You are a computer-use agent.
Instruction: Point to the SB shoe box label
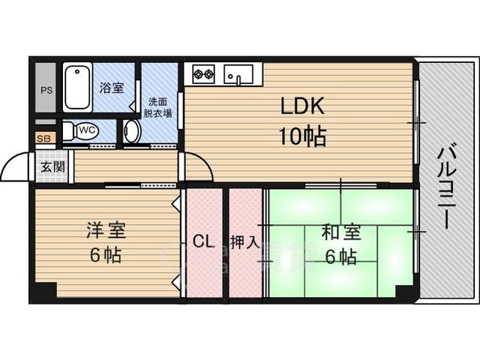[44, 139]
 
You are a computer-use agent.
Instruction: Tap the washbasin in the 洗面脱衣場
[132, 132]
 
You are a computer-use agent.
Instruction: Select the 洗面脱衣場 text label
[159, 108]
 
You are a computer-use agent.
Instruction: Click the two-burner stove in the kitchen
[203, 73]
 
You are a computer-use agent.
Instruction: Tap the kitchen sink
[239, 75]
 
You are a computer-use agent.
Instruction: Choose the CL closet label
[204, 241]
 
